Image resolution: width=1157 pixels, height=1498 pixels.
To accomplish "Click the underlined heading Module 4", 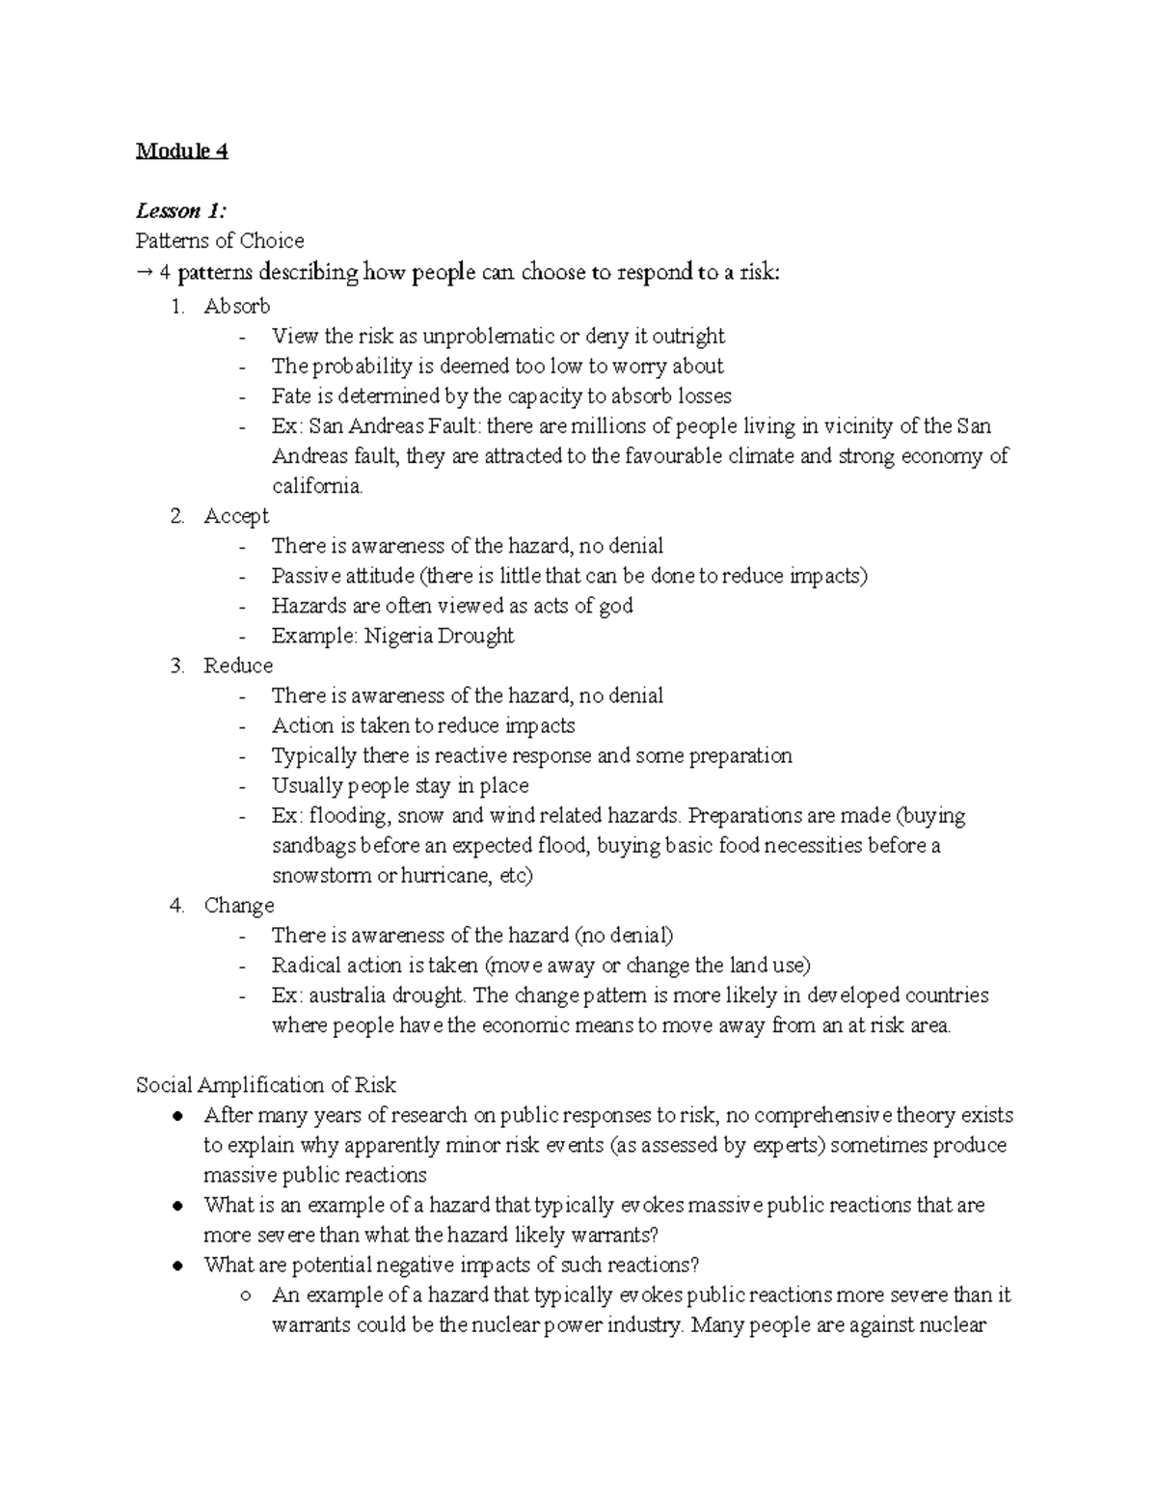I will [x=181, y=150].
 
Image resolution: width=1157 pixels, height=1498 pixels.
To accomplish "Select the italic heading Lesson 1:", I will [x=180, y=210].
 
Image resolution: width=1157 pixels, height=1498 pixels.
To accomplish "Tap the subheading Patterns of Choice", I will [x=220, y=240].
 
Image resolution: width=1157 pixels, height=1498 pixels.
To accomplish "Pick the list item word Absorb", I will [x=236, y=306].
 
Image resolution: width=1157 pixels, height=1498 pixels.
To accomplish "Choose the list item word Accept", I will [x=236, y=516].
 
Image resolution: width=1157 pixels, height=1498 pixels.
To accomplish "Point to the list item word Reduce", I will [x=238, y=666].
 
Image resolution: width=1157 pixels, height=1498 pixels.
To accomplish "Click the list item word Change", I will [x=239, y=905].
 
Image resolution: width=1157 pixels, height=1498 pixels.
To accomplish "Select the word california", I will [x=317, y=486].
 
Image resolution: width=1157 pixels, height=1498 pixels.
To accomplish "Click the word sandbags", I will [x=314, y=846].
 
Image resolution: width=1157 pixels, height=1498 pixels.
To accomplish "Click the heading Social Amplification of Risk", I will [x=266, y=1085].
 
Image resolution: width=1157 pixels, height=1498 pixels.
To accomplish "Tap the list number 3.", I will [x=176, y=666].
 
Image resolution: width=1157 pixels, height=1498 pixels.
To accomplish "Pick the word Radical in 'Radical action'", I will [x=307, y=965].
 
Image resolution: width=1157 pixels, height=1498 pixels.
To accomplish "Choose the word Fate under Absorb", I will [x=291, y=395].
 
